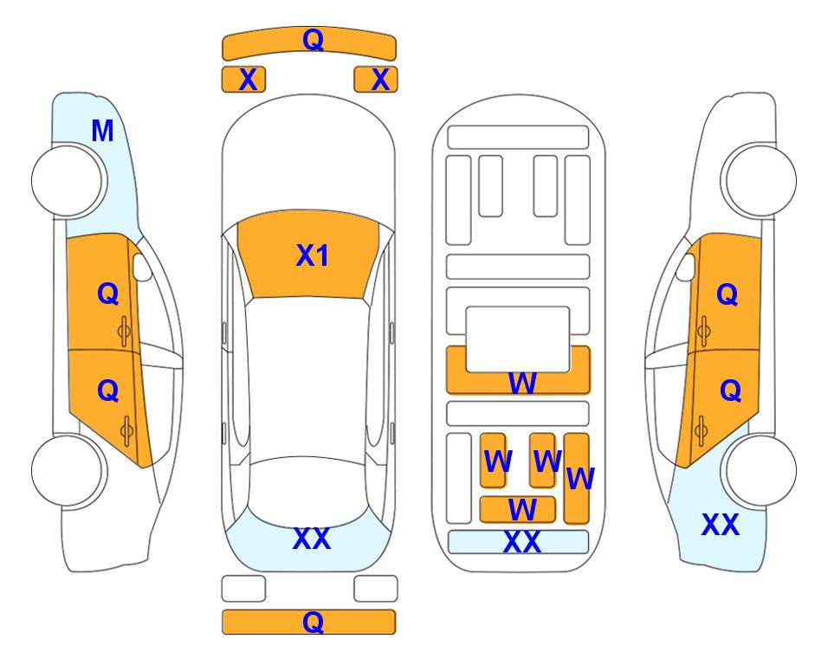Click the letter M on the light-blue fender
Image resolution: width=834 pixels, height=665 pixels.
pos(103,131)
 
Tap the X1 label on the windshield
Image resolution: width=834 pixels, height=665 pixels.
pos(313,255)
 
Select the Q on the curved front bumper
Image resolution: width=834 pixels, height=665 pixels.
pos(313,39)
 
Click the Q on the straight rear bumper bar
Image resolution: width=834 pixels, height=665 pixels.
pos(313,622)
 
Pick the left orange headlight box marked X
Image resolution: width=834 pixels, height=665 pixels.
pos(243,80)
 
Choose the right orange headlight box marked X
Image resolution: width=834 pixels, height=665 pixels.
pos(376,80)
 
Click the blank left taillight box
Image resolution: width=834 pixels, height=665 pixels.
pos(243,589)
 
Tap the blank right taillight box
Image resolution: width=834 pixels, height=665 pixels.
pos(376,589)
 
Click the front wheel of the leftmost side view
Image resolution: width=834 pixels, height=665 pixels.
pos(68,181)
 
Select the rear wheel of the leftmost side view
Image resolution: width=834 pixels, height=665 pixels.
pos(68,471)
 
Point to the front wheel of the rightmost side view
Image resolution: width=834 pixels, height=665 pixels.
pos(760,181)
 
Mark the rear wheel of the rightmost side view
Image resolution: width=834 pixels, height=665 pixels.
pos(760,471)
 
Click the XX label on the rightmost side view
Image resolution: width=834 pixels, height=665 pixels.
pos(721,525)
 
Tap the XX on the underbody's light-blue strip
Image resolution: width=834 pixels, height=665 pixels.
pos(521,542)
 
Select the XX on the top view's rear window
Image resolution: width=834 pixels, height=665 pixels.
pos(312,539)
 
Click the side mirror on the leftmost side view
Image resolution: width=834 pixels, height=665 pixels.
pos(142,267)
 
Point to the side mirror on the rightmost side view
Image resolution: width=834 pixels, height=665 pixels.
pos(686,267)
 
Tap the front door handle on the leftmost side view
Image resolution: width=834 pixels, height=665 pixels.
pos(125,331)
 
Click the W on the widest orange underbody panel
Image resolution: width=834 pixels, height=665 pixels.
pos(522,383)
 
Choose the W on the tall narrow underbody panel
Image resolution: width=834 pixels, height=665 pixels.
pos(580,478)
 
